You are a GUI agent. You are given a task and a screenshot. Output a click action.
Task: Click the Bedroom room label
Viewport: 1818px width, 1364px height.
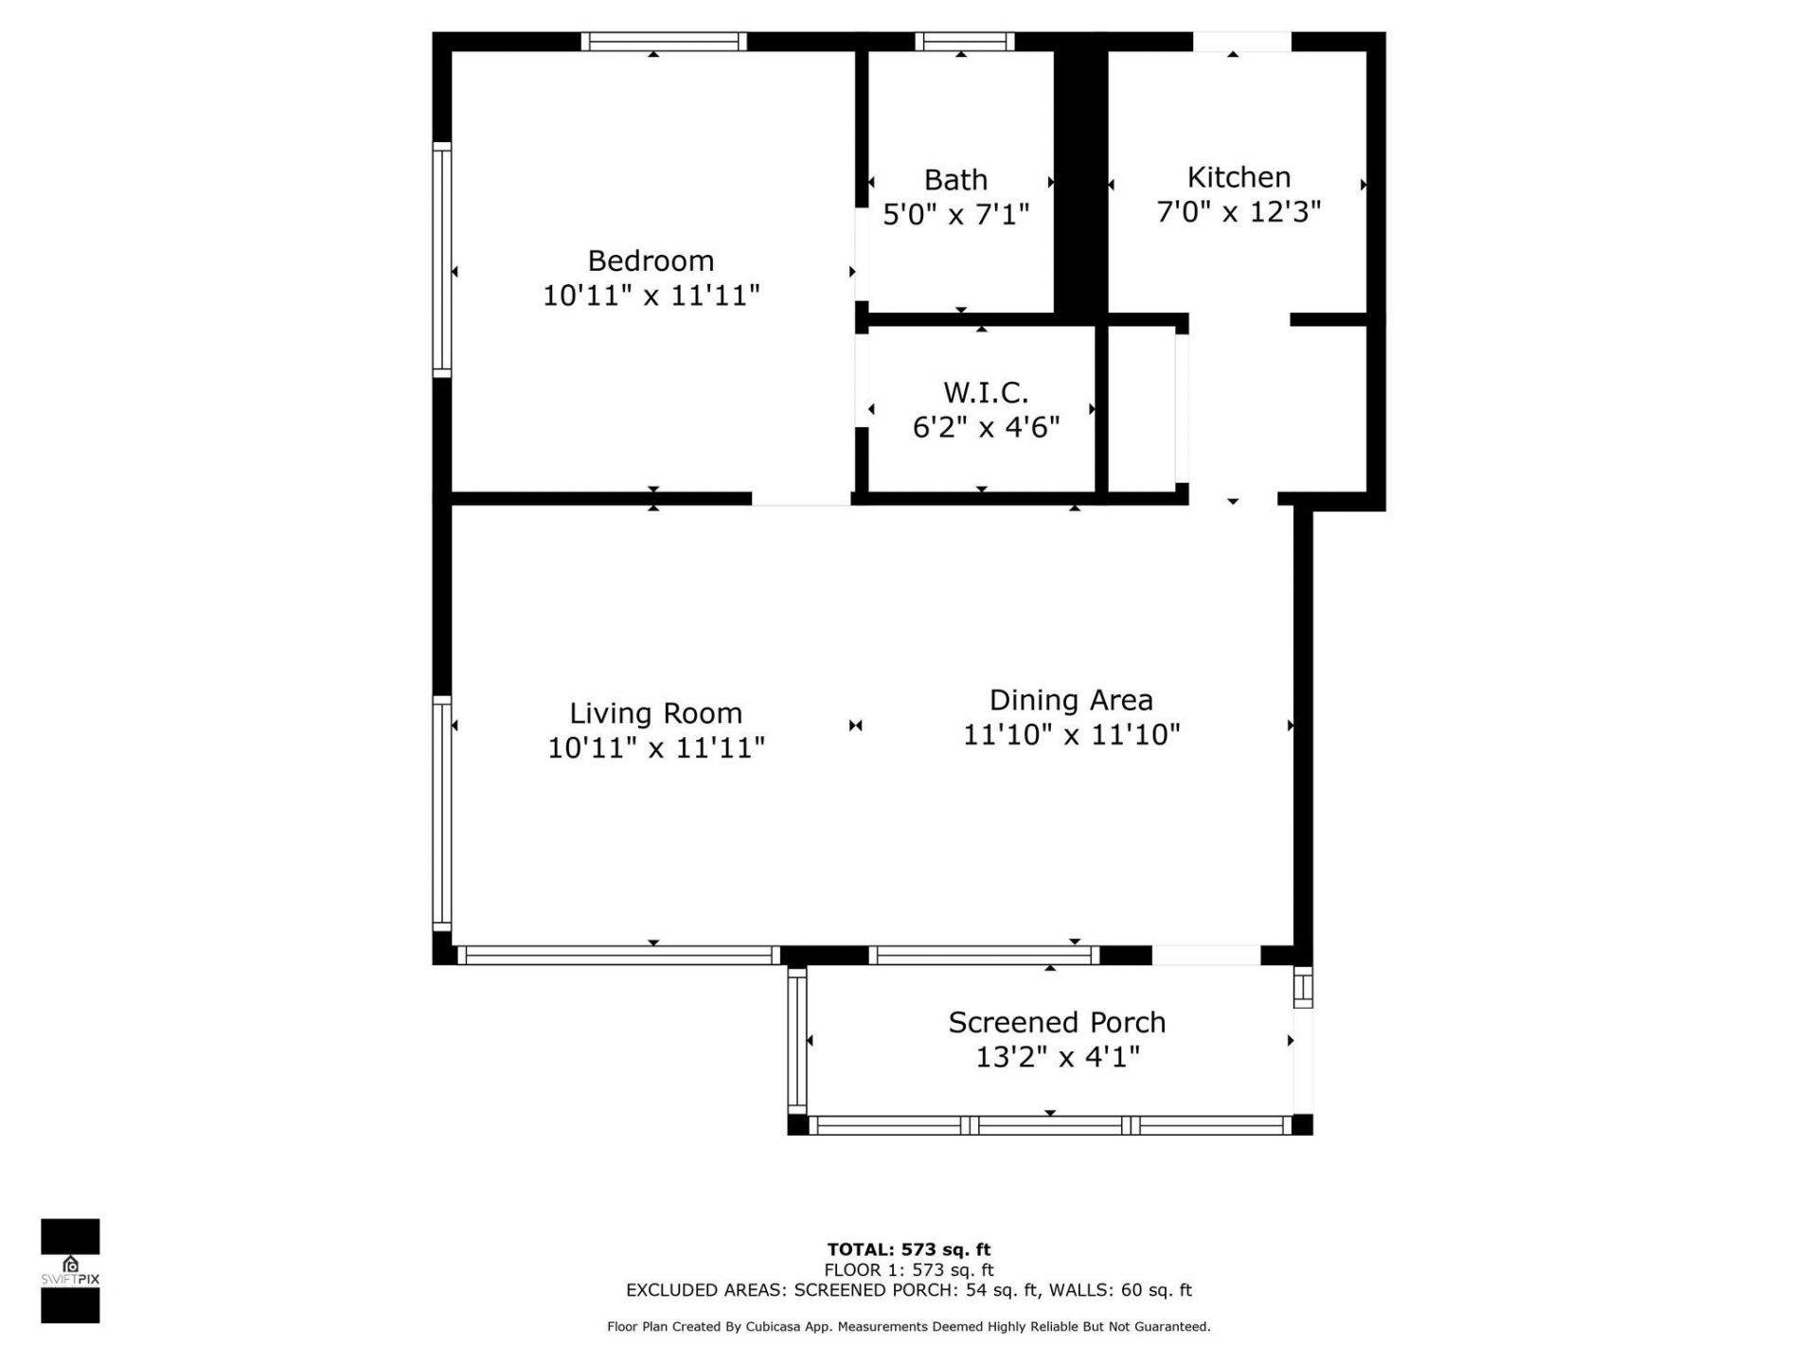(x=651, y=260)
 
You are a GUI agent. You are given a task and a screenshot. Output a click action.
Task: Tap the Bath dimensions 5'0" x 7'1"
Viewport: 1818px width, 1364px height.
(x=955, y=215)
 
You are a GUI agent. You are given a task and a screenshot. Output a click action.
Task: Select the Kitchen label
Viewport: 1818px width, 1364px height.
(x=1239, y=177)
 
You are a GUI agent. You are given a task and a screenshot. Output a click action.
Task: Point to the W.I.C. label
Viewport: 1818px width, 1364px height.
(x=986, y=392)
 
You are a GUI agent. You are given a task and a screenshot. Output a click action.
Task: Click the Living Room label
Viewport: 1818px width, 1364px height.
(x=655, y=713)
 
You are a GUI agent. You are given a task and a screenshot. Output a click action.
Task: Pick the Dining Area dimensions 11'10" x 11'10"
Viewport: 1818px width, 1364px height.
(x=1071, y=735)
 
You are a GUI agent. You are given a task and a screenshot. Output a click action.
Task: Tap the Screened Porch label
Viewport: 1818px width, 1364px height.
(x=1057, y=1022)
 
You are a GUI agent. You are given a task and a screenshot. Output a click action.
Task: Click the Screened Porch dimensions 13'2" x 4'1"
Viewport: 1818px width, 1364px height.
(x=1057, y=1057)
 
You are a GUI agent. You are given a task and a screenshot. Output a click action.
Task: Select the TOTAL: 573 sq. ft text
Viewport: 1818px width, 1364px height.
(x=908, y=1249)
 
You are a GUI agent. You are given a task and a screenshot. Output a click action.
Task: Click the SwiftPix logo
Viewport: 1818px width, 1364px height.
(x=70, y=1270)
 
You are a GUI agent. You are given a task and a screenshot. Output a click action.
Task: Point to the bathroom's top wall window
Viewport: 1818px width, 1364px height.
(x=964, y=41)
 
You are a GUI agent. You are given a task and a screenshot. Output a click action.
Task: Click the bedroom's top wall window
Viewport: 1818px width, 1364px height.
(x=663, y=41)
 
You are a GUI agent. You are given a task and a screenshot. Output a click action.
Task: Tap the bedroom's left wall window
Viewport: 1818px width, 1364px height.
(x=441, y=260)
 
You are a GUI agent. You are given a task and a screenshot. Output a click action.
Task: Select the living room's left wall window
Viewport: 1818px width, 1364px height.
(x=441, y=813)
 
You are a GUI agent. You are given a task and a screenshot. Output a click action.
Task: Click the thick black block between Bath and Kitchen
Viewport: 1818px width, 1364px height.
(x=1080, y=180)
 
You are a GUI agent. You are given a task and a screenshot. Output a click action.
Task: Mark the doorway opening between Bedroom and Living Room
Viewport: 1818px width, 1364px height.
(x=801, y=498)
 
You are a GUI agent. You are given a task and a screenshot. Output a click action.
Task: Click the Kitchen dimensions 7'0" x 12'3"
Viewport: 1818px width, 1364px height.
(x=1239, y=212)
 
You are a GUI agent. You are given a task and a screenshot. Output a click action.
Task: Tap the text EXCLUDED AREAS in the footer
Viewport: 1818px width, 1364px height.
(x=704, y=1290)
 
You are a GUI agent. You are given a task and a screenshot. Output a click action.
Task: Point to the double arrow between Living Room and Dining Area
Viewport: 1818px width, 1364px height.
(x=855, y=726)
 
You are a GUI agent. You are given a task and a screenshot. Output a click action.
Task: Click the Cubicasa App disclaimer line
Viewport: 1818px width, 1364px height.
(x=908, y=1327)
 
